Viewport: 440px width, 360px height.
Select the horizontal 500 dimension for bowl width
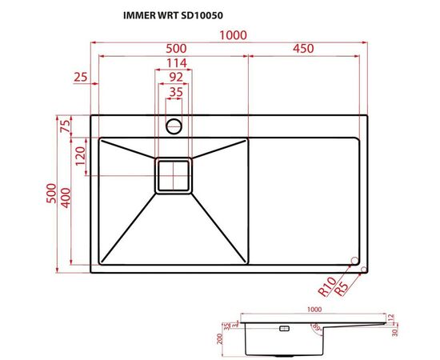coord(173,49)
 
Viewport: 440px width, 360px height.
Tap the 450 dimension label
coord(302,49)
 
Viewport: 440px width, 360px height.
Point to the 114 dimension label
coord(175,63)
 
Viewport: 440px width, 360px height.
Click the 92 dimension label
coord(175,77)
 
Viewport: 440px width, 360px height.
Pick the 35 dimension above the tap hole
coord(175,92)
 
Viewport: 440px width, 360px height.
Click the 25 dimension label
coord(79,78)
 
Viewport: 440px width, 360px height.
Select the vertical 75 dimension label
coord(65,126)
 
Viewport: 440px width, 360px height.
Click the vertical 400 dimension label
coord(65,196)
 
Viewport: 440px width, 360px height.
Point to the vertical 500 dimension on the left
coord(50,196)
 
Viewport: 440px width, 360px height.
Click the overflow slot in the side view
coord(283,328)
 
